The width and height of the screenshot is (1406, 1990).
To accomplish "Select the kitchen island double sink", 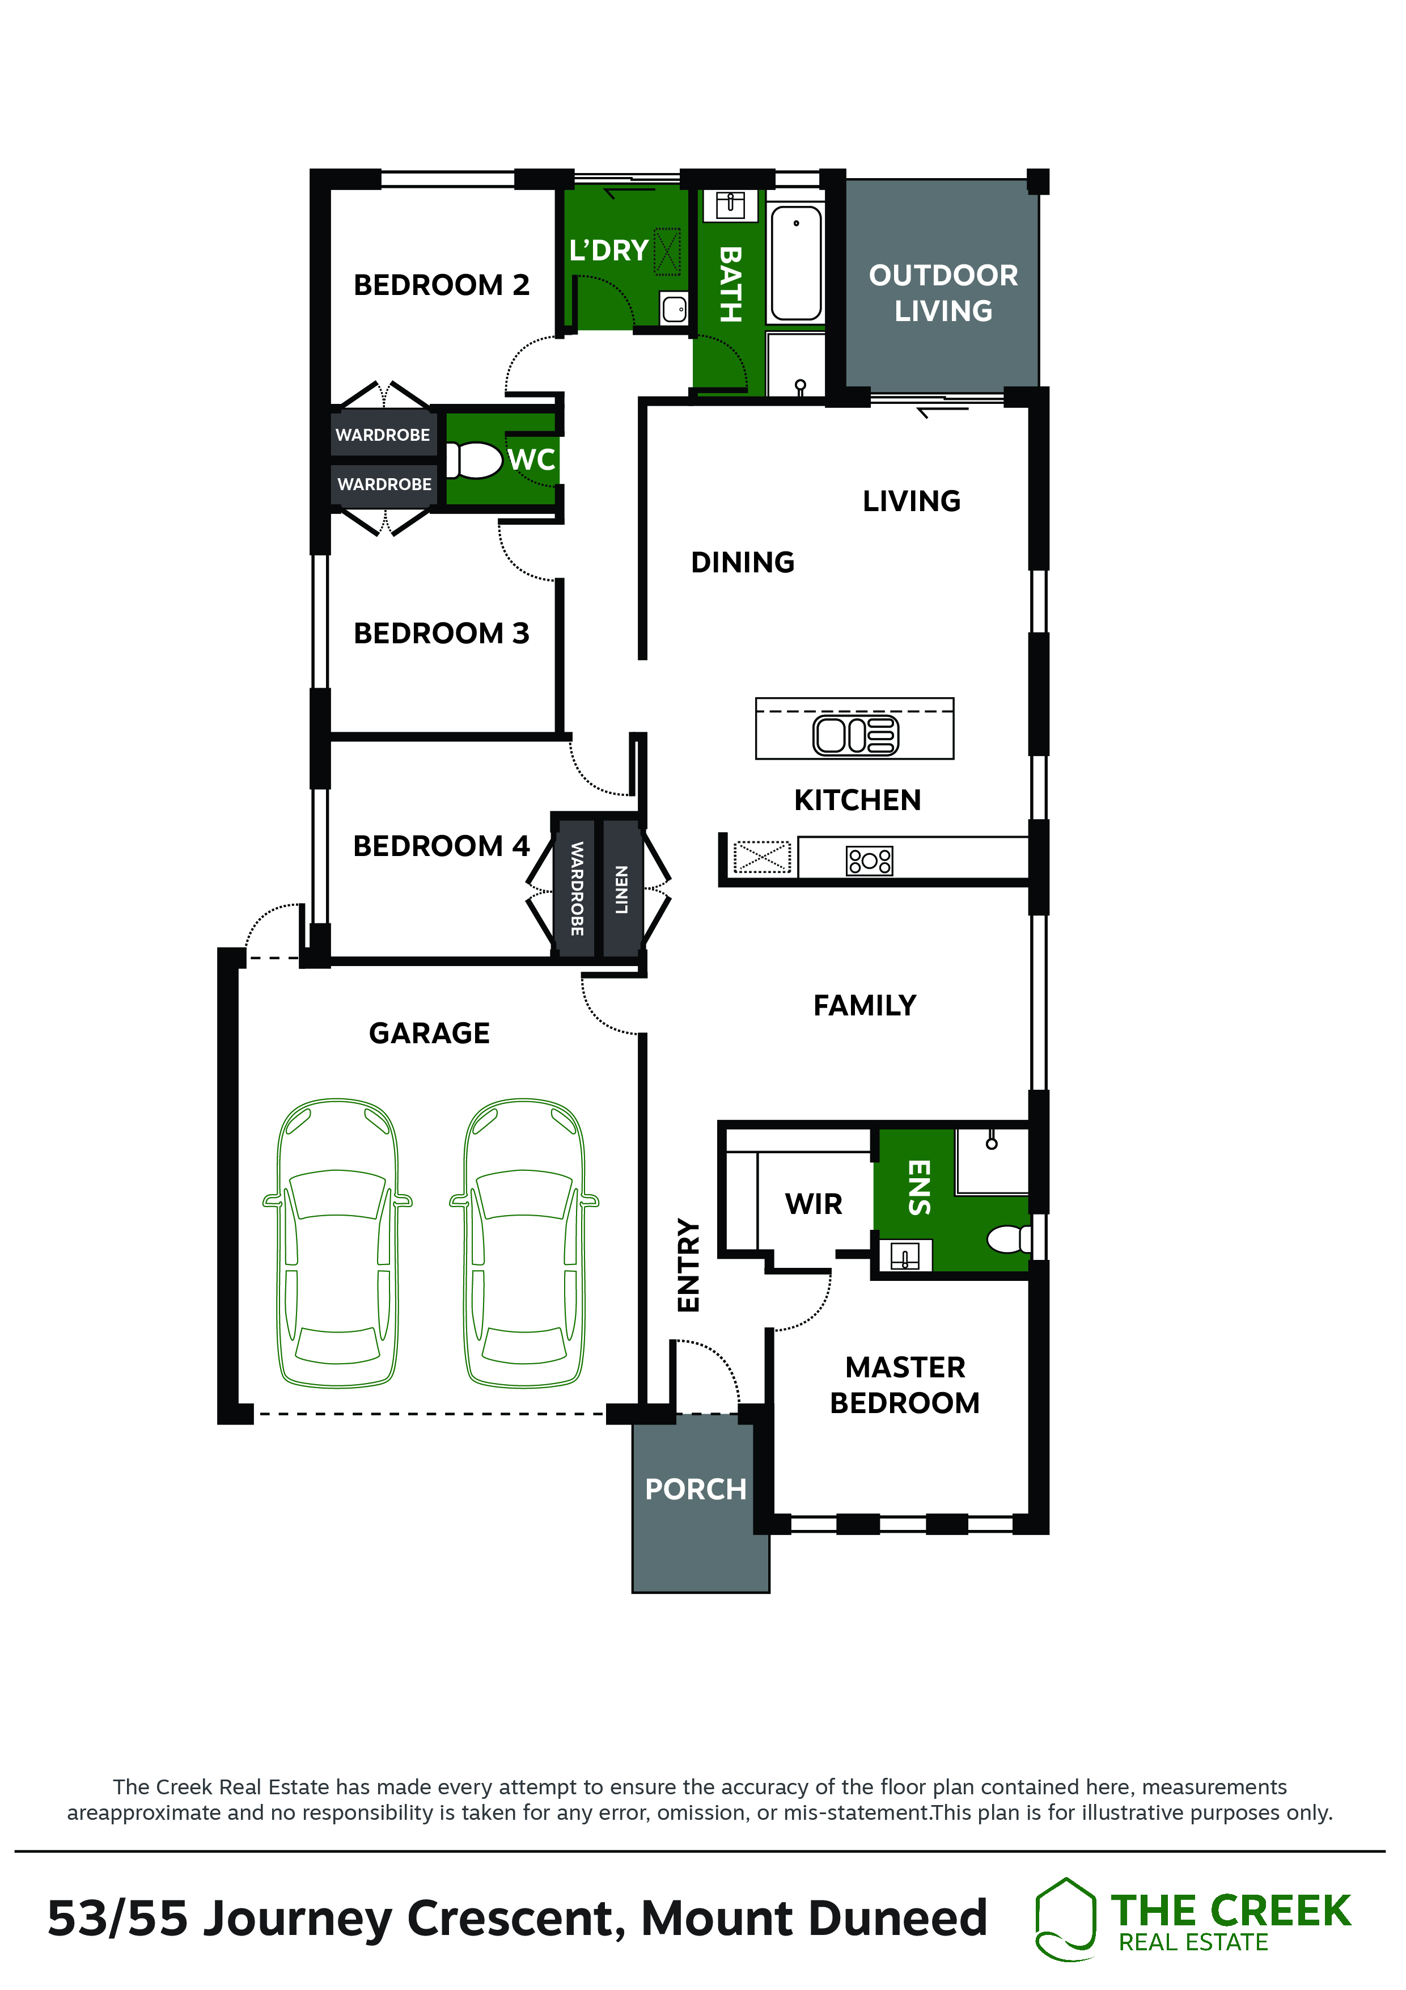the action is pos(856,735).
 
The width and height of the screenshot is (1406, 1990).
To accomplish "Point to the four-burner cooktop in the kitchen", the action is pos(869,861).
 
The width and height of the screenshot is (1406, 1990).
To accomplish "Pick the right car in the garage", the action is pos(524,1243).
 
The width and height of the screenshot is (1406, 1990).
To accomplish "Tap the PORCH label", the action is pos(696,1489).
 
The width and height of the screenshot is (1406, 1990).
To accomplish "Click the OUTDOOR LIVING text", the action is pos(943,293).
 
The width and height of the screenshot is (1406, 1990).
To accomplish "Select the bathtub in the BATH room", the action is pos(796,263).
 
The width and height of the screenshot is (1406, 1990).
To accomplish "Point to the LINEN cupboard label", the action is pos(621,889).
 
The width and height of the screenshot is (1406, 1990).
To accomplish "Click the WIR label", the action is pos(814,1204).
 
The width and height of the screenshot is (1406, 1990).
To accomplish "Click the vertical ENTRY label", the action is pos(688,1266).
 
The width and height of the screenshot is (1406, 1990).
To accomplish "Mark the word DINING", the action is pos(743,563).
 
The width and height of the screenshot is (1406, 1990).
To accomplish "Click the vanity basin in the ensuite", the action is pos(905,1255).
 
